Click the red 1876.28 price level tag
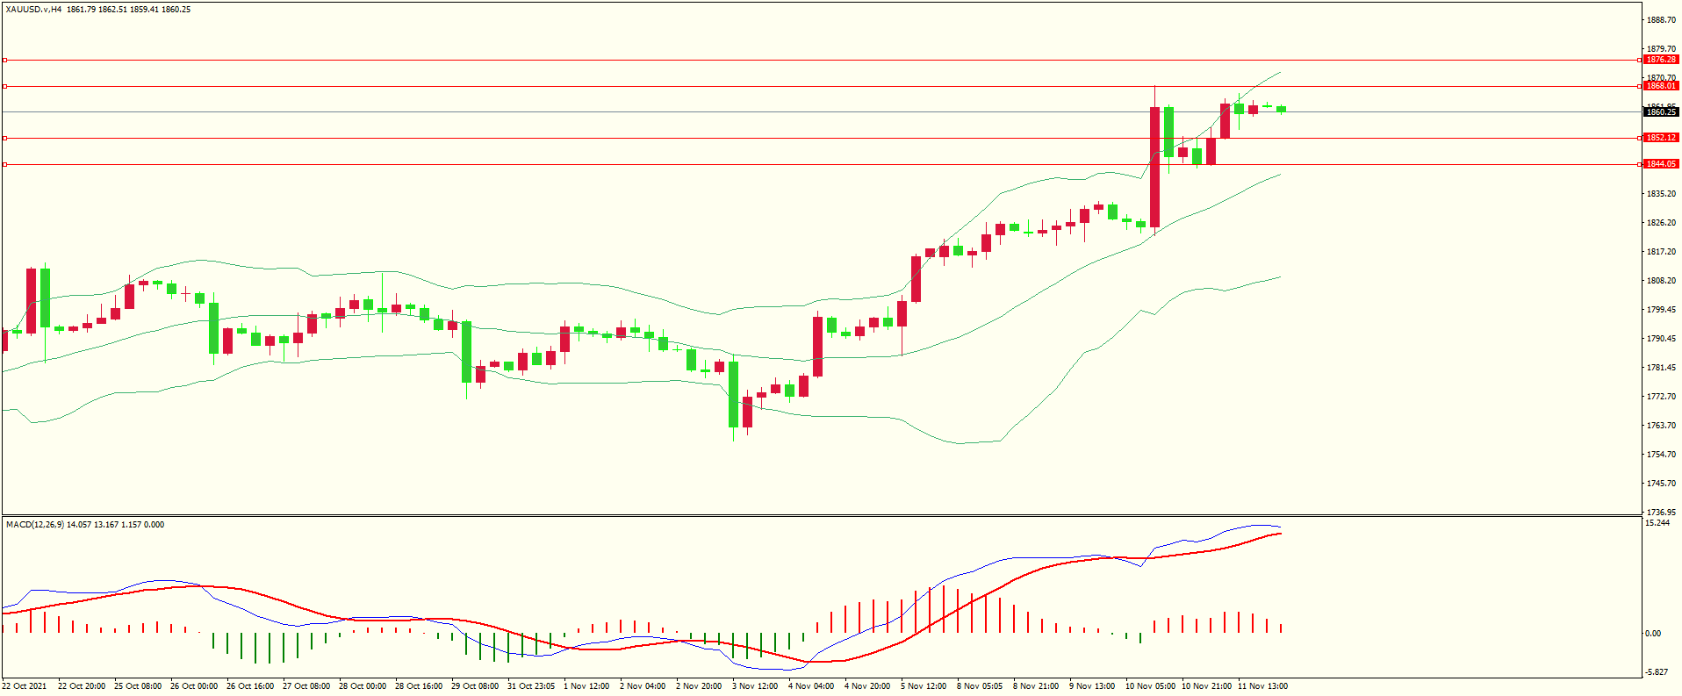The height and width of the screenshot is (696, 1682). (x=1660, y=60)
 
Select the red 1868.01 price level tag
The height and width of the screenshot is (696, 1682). (x=1660, y=86)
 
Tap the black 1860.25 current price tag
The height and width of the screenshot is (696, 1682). (x=1660, y=111)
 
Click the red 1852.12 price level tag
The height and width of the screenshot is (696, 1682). (x=1660, y=138)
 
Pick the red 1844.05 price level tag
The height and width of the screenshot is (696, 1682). (x=1660, y=164)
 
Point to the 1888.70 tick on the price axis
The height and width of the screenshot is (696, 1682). (x=1661, y=20)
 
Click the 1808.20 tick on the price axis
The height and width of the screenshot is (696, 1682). (x=1661, y=281)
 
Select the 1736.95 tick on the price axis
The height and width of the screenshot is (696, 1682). (x=1661, y=512)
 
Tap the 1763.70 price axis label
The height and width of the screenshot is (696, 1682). (x=1661, y=426)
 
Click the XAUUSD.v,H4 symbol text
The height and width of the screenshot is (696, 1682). (x=33, y=10)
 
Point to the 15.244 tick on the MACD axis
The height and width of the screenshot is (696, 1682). (x=1657, y=523)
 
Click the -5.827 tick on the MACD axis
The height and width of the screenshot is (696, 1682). (x=1657, y=672)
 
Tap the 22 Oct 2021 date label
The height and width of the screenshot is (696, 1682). (x=25, y=686)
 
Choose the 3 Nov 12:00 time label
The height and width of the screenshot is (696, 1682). (x=755, y=686)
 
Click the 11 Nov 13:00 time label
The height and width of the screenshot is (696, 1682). (x=1262, y=686)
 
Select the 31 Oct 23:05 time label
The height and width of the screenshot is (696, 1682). (x=530, y=686)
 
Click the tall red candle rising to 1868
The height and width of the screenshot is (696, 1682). (x=1154, y=167)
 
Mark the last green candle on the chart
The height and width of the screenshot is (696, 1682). (x=1282, y=109)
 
